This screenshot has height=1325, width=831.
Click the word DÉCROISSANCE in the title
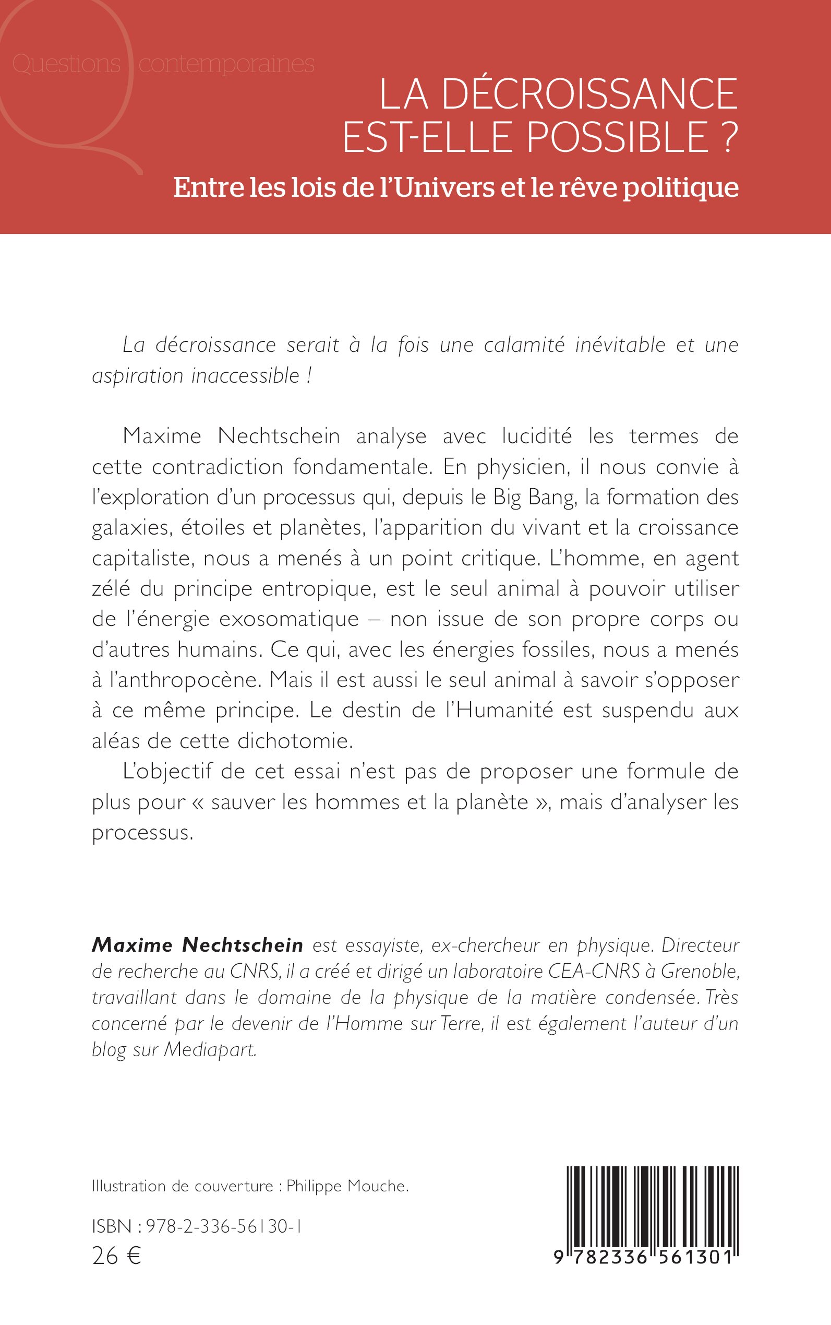[x=588, y=94]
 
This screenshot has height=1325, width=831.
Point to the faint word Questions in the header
[x=66, y=64]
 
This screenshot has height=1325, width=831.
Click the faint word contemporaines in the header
[x=226, y=64]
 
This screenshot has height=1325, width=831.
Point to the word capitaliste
[x=141, y=558]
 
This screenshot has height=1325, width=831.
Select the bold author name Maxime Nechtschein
[x=197, y=945]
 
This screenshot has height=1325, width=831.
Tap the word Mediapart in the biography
[x=211, y=1049]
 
